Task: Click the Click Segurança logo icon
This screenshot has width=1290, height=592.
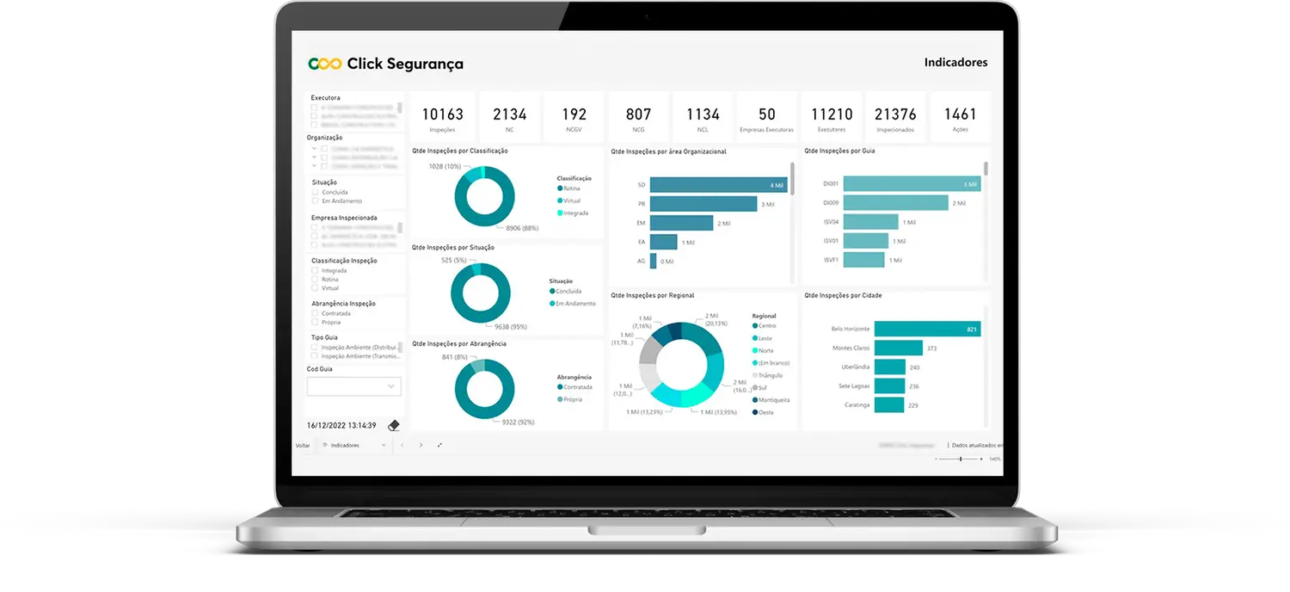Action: [x=325, y=64]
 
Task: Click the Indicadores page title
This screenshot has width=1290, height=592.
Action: [x=955, y=63]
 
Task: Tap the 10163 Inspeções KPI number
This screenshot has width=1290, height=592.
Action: [x=443, y=114]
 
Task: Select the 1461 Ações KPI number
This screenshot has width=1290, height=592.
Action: [x=960, y=114]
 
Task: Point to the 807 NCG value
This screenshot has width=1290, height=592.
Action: [x=638, y=114]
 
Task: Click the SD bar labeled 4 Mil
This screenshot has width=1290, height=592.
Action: [x=718, y=185]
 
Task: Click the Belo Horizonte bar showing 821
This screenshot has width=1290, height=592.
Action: [x=915, y=329]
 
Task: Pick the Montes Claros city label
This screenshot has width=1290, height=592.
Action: [x=851, y=348]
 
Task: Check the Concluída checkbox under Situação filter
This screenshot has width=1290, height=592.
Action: [x=315, y=193]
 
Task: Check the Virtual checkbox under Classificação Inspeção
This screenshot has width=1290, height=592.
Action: [x=315, y=289]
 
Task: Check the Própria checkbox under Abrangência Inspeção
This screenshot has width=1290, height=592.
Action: [x=315, y=323]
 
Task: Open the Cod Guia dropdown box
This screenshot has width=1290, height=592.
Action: [x=354, y=386]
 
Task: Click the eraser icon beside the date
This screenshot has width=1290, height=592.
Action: [x=394, y=425]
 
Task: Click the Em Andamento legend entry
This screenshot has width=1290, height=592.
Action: [x=575, y=303]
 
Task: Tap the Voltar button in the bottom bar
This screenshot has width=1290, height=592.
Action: [x=303, y=446]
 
